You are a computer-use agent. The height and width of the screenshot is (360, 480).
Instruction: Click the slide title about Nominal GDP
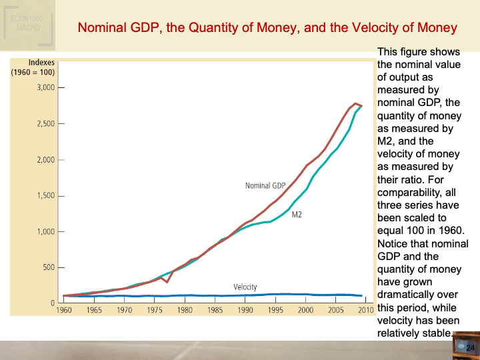tap(267, 28)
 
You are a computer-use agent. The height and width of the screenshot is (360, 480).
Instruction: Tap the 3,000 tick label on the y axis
tap(45, 87)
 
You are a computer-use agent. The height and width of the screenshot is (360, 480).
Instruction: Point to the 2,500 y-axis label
tap(45, 124)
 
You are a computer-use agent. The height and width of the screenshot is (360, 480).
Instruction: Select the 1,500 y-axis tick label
tap(45, 196)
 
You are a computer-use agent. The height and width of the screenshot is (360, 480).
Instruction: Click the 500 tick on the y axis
tap(48, 268)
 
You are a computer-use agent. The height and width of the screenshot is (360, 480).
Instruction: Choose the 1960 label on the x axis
tap(64, 311)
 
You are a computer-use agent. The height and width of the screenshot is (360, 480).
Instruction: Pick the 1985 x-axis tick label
tap(215, 311)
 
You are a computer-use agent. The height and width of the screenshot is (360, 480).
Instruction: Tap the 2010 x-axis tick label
tap(365, 311)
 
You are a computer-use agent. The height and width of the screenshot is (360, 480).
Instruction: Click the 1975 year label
tap(155, 311)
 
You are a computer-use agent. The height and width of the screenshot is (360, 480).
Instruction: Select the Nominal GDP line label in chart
tap(265, 185)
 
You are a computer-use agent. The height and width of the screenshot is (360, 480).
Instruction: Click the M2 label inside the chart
tap(297, 215)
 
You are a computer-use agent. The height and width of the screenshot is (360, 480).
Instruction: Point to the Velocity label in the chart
tap(245, 287)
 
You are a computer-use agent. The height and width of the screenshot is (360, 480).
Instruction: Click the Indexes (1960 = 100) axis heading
tap(33, 67)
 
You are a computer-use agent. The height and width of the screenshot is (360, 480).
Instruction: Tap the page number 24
tap(469, 348)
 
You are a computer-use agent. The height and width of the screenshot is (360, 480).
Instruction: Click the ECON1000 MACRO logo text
tap(27, 23)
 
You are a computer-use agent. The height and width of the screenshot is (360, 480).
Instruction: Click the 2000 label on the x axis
tap(305, 311)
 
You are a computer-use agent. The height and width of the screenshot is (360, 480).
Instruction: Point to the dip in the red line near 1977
tap(167, 282)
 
